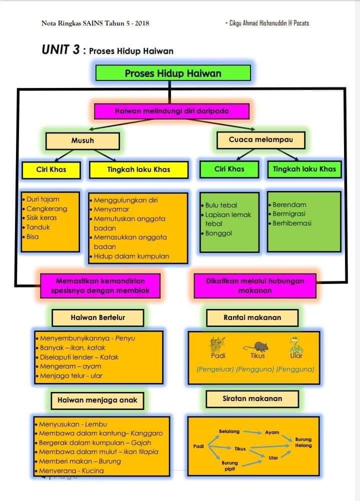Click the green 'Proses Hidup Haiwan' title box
pyautogui.click(x=173, y=73)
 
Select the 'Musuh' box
pyautogui.click(x=82, y=141)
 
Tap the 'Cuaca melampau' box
pyautogui.click(x=260, y=140)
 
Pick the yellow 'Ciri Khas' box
pyautogui.click(x=51, y=169)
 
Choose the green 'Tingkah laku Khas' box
pyautogui.click(x=304, y=169)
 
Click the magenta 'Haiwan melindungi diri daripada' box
pyautogui.click(x=172, y=111)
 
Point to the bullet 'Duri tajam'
pyautogui.click(x=41, y=199)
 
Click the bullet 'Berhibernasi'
pyautogui.click(x=290, y=223)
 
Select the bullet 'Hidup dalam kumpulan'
pyautogui.click(x=129, y=256)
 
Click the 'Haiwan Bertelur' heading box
pyautogui.click(x=97, y=317)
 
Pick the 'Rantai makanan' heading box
pyautogui.click(x=252, y=317)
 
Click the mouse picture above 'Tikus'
pyautogui.click(x=256, y=346)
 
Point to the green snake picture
pyautogui.click(x=296, y=345)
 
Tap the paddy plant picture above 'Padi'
pyautogui.click(x=217, y=344)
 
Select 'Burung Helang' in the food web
pyautogui.click(x=303, y=442)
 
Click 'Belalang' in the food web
pyautogui.click(x=229, y=431)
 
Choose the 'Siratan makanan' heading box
pyautogui.click(x=252, y=399)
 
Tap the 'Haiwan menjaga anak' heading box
pyautogui.click(x=97, y=400)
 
